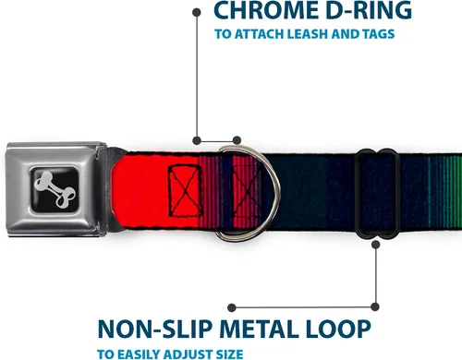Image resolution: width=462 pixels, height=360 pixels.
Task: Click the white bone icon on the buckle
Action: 55,189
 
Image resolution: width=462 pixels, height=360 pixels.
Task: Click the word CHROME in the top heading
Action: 265,11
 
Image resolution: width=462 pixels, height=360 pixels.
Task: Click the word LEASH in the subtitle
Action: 309,34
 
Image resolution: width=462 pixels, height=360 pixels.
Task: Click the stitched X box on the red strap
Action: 185,191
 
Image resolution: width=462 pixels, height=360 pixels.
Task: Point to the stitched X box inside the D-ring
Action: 248,191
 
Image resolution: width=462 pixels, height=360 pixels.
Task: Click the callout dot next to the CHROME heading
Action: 197,13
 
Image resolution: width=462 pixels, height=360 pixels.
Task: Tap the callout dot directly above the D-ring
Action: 237,140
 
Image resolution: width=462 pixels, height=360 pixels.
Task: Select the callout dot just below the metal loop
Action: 375,245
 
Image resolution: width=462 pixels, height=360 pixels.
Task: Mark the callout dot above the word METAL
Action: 232,307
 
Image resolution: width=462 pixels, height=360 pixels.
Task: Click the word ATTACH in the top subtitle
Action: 259,34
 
